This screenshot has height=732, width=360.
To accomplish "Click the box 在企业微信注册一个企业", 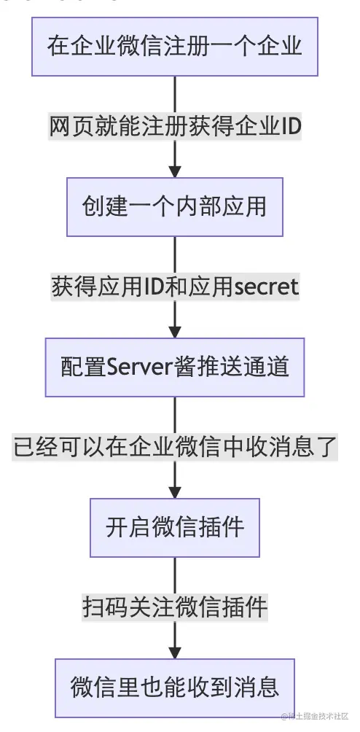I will [175, 46].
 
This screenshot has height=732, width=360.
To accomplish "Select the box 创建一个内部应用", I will [175, 207].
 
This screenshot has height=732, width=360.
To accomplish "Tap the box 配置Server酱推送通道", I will [175, 367].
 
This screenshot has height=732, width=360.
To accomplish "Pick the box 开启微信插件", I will [175, 528].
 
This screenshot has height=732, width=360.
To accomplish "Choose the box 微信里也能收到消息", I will [175, 688].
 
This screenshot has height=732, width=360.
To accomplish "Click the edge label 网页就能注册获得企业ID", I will [175, 126].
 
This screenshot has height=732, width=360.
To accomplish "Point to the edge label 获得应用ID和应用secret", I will [175, 287].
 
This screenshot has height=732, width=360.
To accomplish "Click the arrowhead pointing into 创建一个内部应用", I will [175, 171].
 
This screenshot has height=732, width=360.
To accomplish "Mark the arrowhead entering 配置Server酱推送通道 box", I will [175, 331].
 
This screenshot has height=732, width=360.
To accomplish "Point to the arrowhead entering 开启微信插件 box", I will [175, 491].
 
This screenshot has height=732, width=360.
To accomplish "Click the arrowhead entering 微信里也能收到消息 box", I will [175, 652].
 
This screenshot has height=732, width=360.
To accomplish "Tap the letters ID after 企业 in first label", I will [291, 126].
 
